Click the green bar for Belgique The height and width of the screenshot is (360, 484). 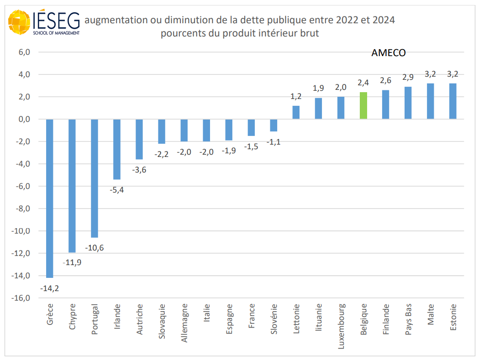click(363, 105)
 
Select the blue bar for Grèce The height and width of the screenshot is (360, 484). click(50, 198)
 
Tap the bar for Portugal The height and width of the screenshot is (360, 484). click(95, 178)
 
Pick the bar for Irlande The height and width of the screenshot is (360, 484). click(117, 149)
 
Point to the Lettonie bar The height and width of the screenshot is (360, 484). click(296, 112)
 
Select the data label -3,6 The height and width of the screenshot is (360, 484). click(139, 170)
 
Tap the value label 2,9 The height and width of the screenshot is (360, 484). click(408, 77)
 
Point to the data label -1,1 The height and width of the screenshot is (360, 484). click(274, 142)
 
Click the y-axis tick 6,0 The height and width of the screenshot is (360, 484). click(24, 52)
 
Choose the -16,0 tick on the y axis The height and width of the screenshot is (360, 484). click(22, 298)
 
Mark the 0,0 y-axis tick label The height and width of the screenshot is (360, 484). click(24, 119)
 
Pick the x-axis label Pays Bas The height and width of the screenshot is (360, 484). click(408, 320)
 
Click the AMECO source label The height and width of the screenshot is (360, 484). click(389, 52)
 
